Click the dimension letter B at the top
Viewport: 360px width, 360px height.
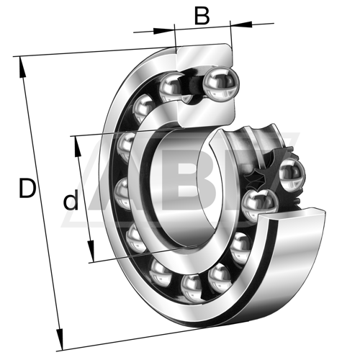(202, 16)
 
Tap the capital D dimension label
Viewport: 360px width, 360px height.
(27, 188)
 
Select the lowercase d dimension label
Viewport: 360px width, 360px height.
(71, 199)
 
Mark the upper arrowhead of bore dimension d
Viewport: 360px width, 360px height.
(77, 147)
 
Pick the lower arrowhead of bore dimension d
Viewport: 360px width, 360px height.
(91, 251)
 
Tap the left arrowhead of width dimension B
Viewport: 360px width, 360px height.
(164, 31)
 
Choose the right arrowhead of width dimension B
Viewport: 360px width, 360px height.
(241, 24)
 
